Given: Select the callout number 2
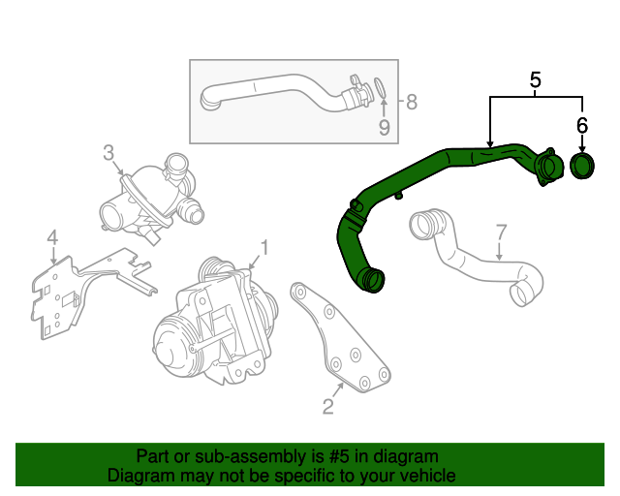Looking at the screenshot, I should pyautogui.click(x=327, y=407).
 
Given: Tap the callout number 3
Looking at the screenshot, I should pyautogui.click(x=108, y=152).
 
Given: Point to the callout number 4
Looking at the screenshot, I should pyautogui.click(x=52, y=236).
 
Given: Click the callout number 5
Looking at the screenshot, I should pyautogui.click(x=535, y=79).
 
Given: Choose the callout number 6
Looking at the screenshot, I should pyautogui.click(x=581, y=125).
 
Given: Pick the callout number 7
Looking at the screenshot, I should pyautogui.click(x=501, y=232).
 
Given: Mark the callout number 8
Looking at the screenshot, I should pyautogui.click(x=411, y=101).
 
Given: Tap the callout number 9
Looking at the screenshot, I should pyautogui.click(x=384, y=127).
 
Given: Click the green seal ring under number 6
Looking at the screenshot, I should pyautogui.click(x=582, y=166).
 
